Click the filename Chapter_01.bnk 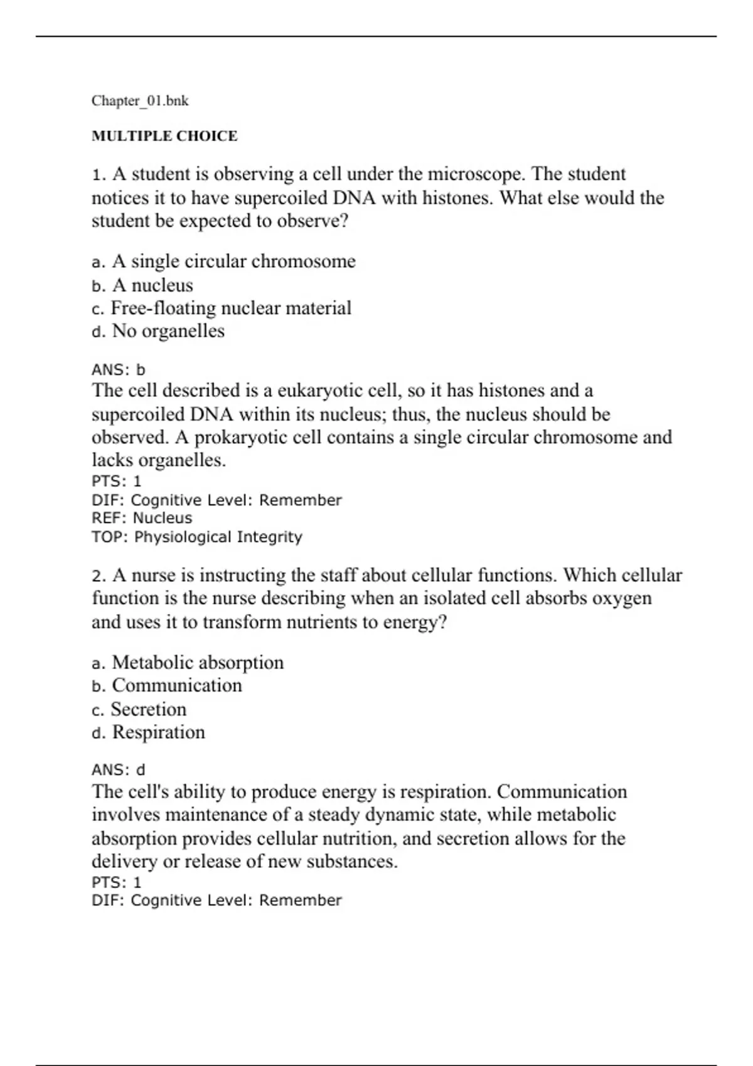click(x=140, y=101)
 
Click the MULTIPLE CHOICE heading click(x=164, y=136)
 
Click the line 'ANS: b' click(x=119, y=369)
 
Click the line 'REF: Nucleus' click(x=142, y=518)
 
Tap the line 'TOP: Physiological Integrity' click(x=197, y=537)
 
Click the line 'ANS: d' click(x=119, y=769)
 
